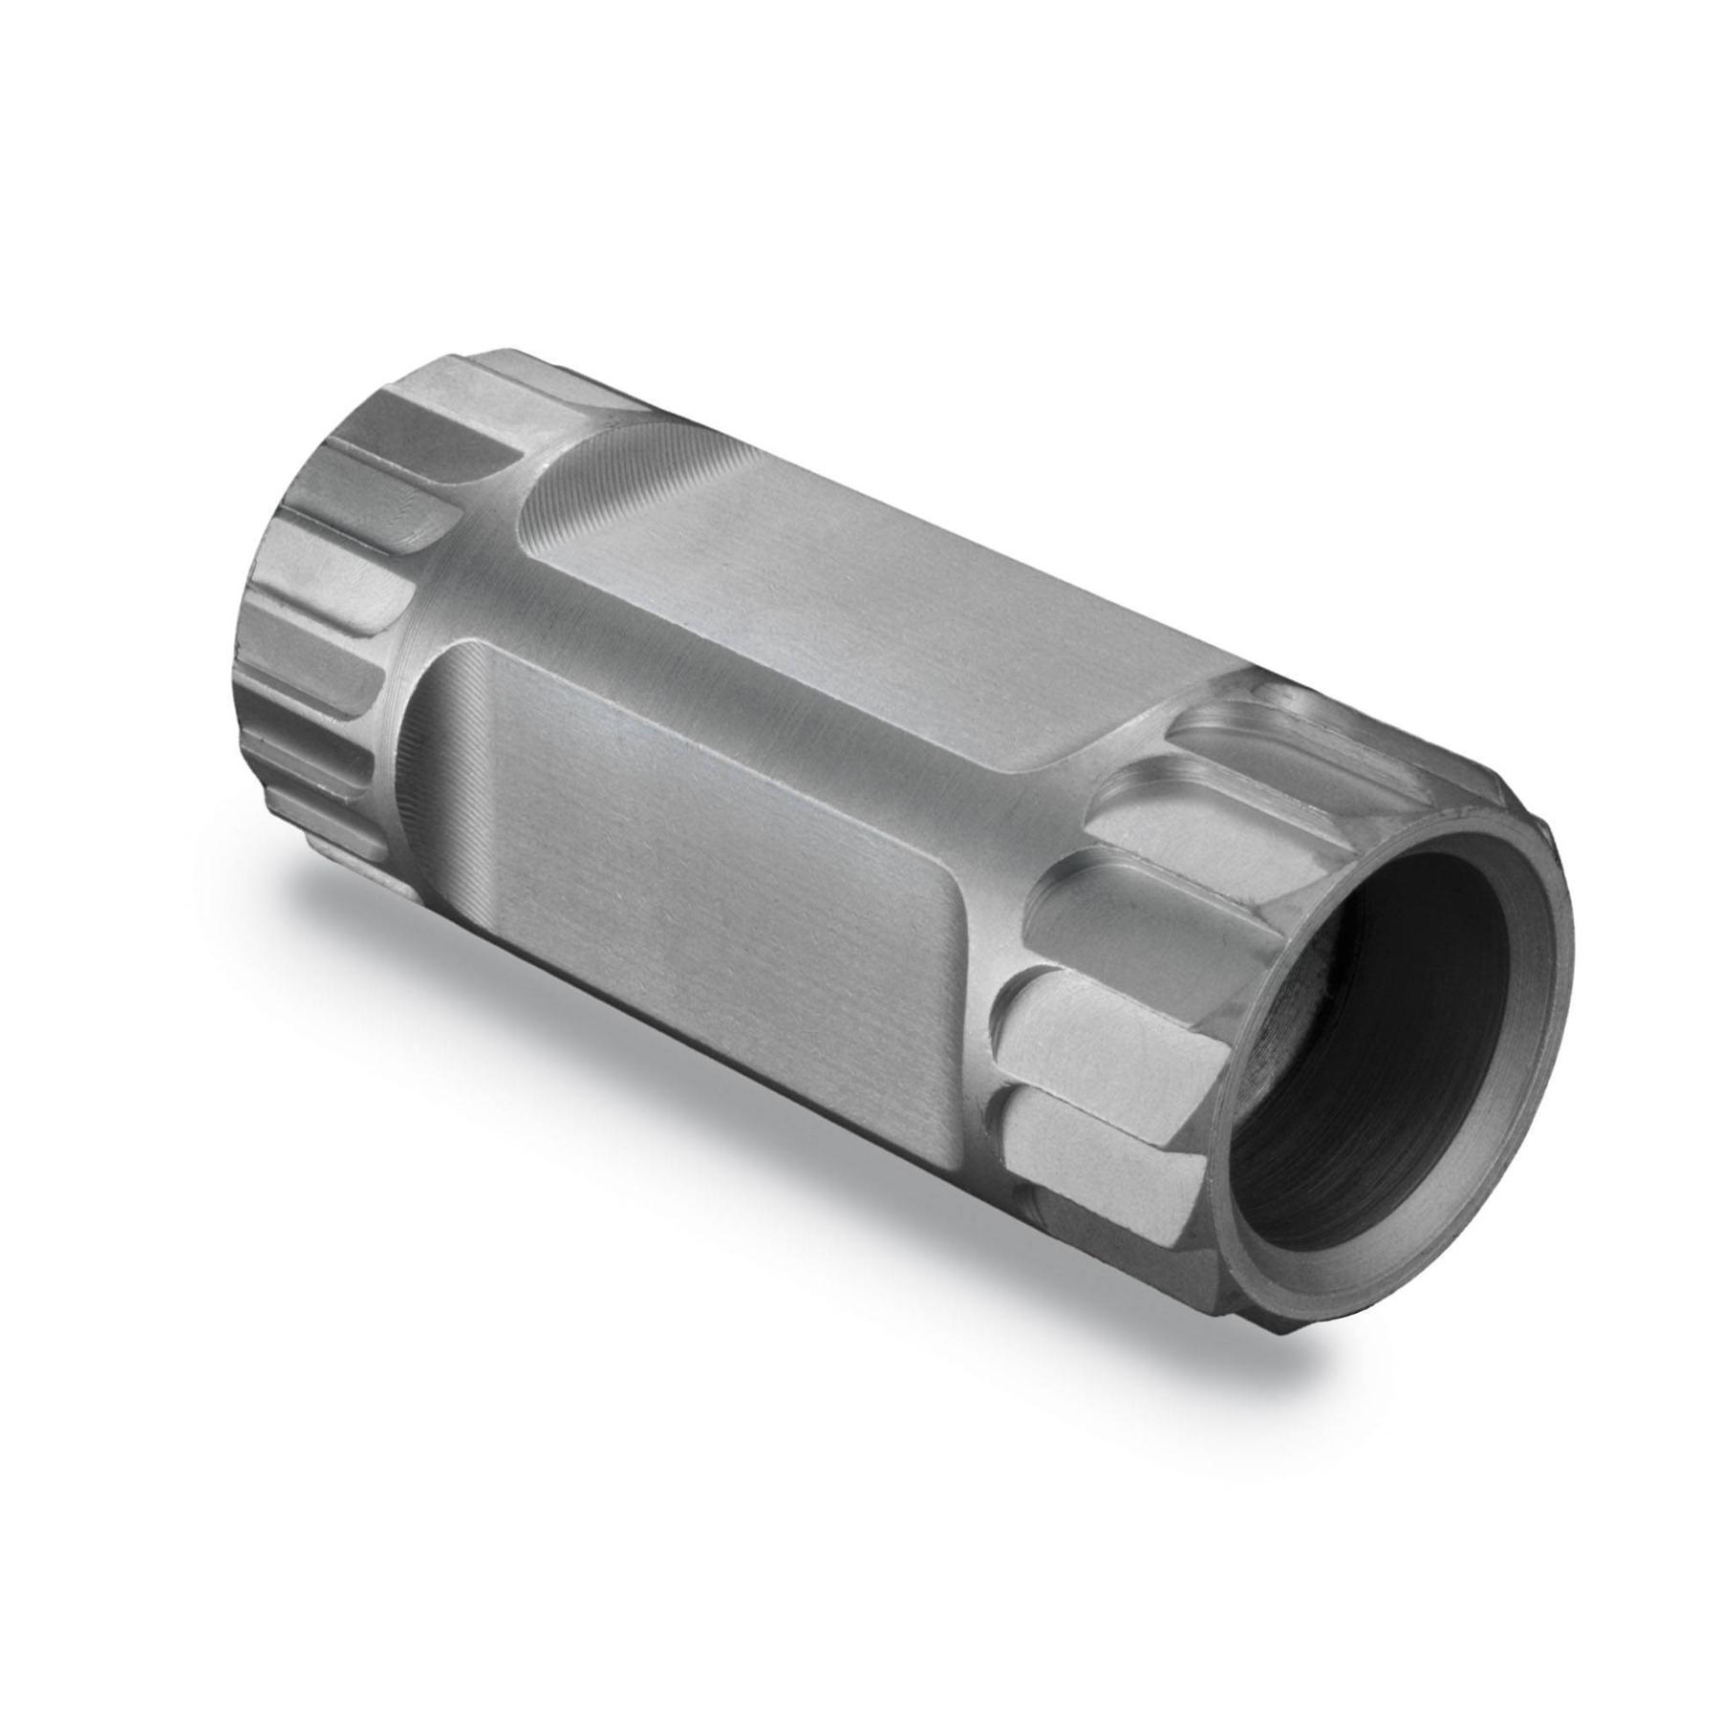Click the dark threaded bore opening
click(1376, 1032)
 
